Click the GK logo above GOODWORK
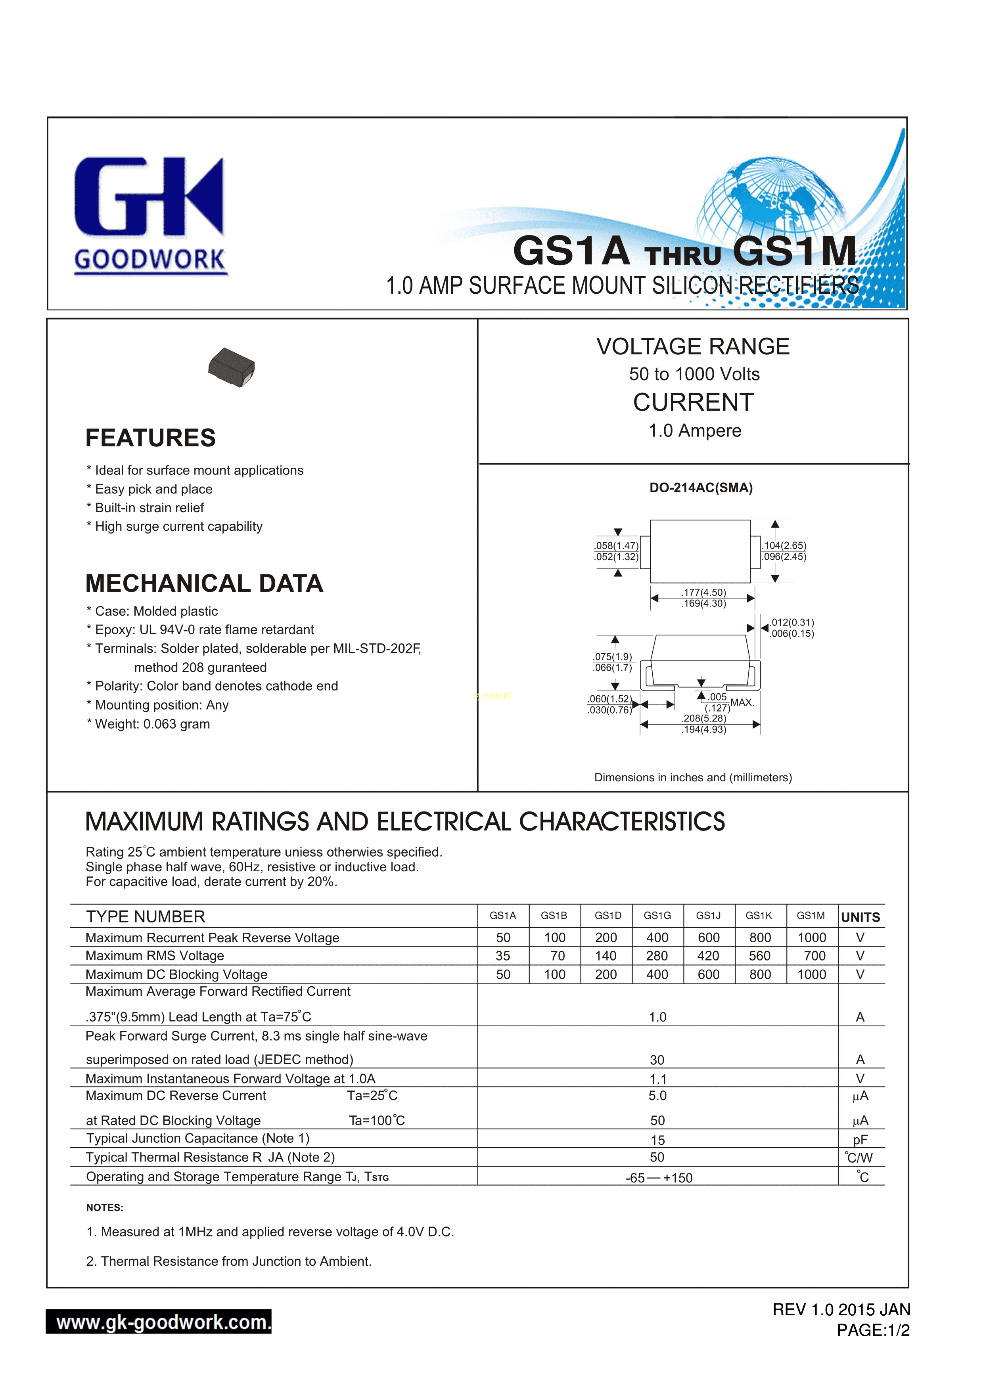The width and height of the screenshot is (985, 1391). (x=149, y=196)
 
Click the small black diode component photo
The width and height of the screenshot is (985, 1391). (x=231, y=367)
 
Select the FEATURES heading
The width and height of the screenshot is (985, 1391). (x=150, y=438)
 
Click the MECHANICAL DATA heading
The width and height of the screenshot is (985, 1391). (x=204, y=584)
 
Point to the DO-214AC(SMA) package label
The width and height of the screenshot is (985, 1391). (x=701, y=488)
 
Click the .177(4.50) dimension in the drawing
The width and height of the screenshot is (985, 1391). (x=703, y=592)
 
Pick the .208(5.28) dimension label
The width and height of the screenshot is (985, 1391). (x=703, y=718)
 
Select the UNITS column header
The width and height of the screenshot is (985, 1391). (x=860, y=917)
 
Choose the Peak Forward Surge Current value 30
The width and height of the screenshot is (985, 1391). (x=657, y=1060)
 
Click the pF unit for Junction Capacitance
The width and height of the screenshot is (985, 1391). (x=860, y=1140)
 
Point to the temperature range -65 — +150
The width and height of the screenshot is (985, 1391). (x=659, y=1178)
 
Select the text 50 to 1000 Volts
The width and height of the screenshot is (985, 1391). (x=694, y=374)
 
